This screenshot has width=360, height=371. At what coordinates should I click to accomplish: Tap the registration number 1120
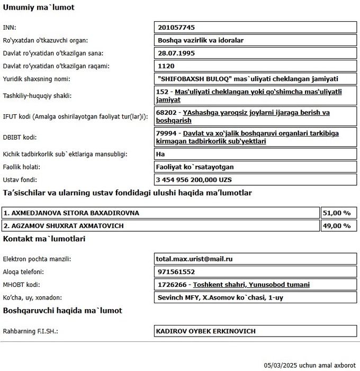pyautogui.click(x=166, y=67)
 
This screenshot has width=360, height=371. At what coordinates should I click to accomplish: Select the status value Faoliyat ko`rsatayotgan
pyautogui.click(x=195, y=167)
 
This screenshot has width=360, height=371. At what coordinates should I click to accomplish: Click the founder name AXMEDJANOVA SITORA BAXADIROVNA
pyautogui.click(x=71, y=213)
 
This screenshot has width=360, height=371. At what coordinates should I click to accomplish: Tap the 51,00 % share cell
pyautogui.click(x=337, y=213)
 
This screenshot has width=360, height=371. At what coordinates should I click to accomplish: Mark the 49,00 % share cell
pyautogui.click(x=337, y=226)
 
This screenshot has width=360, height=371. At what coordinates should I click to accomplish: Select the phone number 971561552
pyautogui.click(x=176, y=272)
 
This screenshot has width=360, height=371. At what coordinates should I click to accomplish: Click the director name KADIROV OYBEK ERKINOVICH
pyautogui.click(x=205, y=331)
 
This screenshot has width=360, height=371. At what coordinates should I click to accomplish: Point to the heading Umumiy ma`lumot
pyautogui.click(x=39, y=7)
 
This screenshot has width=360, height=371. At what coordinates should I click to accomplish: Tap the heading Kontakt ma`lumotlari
pyautogui.click(x=44, y=239)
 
